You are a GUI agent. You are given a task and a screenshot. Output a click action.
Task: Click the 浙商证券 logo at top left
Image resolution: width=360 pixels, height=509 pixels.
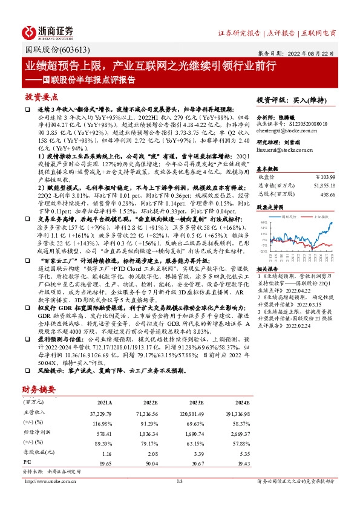point(49,32)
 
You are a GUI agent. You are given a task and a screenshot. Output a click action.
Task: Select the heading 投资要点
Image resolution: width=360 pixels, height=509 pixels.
point(42,97)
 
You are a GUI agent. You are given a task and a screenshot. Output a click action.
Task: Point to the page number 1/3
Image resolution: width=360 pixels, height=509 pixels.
point(179,481)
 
